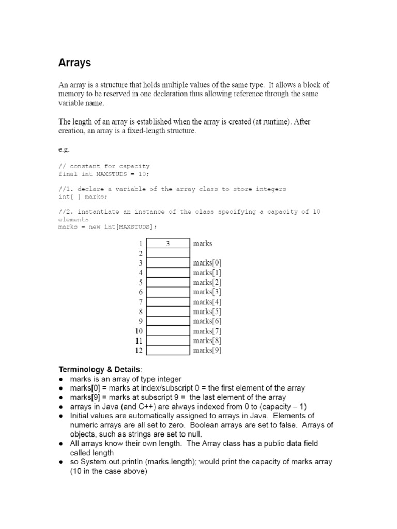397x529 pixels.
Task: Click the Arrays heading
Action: (74, 63)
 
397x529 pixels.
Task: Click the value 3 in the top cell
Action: (168, 243)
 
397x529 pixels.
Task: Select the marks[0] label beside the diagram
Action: (207, 263)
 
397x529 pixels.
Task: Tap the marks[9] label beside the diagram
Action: (207, 351)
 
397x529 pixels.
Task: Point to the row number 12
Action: (138, 351)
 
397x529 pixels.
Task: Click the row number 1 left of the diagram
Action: (140, 243)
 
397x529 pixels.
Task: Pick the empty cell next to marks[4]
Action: (168, 302)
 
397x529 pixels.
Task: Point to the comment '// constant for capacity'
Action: (104, 166)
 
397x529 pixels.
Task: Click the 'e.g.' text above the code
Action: (64, 149)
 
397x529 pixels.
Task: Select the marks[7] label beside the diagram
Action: (207, 331)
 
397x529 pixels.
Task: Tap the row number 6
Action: (140, 292)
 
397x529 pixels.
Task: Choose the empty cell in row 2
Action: (168, 253)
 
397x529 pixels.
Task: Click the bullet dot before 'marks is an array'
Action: (61, 379)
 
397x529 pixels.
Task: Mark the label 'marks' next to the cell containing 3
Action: (202, 243)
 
